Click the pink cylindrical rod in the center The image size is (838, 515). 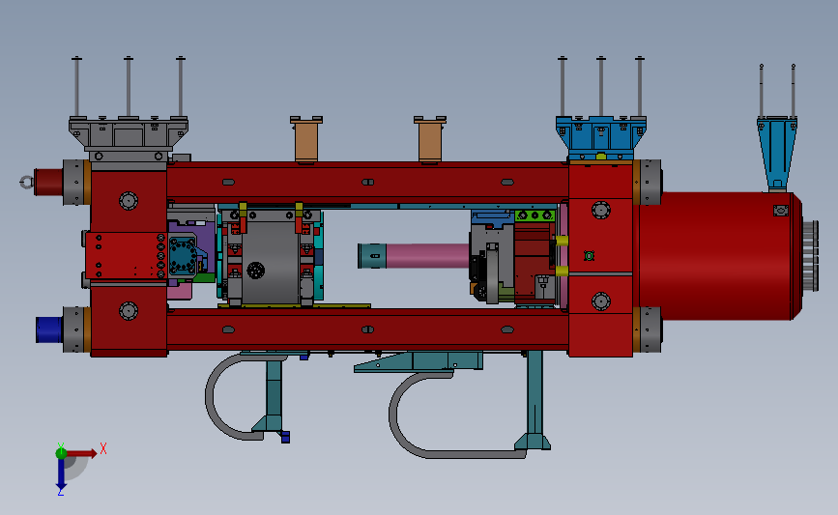pyautogui.click(x=427, y=255)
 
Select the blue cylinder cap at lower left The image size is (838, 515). pyautogui.click(x=49, y=329)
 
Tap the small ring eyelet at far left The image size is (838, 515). pyautogui.click(x=26, y=183)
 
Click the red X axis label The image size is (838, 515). pyautogui.click(x=103, y=448)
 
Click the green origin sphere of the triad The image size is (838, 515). pyautogui.click(x=62, y=453)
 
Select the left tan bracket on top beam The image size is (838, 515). pyautogui.click(x=306, y=139)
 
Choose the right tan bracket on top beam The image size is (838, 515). pyautogui.click(x=430, y=139)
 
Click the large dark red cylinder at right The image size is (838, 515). pyautogui.click(x=716, y=256)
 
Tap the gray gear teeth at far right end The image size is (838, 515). pyautogui.click(x=810, y=256)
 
